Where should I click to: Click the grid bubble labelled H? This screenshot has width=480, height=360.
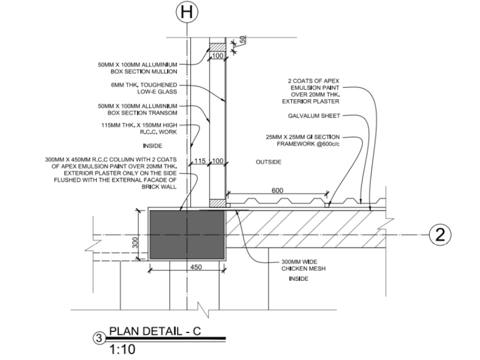click(187, 12)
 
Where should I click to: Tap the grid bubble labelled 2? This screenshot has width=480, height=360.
click(440, 235)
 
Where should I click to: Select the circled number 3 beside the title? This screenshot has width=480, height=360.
click(99, 338)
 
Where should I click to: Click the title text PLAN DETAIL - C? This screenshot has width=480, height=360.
click(155, 331)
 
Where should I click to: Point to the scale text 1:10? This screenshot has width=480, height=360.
click(122, 349)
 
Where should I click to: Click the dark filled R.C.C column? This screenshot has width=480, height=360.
click(187, 235)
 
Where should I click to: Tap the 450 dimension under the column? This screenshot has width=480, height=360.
click(196, 267)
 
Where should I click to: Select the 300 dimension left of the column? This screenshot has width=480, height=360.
click(135, 243)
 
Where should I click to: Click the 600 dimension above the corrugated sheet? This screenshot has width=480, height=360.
click(277, 190)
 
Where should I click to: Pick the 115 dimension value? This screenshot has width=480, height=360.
click(200, 161)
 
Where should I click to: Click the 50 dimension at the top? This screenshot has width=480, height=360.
click(242, 39)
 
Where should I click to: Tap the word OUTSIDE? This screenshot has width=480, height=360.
click(269, 162)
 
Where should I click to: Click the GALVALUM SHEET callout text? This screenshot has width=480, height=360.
click(314, 116)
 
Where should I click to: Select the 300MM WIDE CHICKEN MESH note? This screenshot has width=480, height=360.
click(303, 265)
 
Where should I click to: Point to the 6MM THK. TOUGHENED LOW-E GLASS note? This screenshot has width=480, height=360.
click(144, 88)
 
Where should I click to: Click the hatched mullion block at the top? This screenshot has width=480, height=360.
click(217, 47)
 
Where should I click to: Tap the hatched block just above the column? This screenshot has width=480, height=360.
click(217, 203)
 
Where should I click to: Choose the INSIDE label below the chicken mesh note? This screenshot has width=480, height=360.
click(299, 278)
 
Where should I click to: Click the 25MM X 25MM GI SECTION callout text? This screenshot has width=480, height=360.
click(303, 140)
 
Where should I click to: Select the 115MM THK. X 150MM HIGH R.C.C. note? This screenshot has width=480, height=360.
click(139, 128)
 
